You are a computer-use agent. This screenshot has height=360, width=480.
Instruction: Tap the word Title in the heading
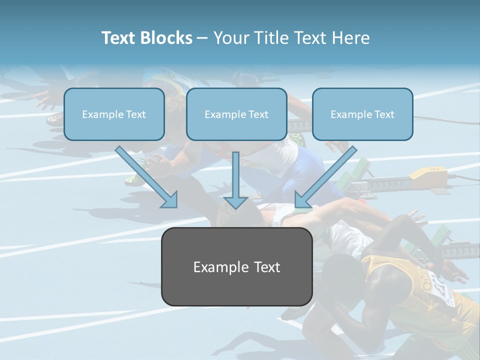271,38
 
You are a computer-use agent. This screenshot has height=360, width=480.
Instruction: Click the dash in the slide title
202,38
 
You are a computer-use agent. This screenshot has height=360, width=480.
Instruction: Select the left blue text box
114,114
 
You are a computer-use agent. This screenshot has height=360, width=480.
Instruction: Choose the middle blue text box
236,114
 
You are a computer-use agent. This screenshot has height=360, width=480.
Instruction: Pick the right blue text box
362,114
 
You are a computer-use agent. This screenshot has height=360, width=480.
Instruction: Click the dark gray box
236,266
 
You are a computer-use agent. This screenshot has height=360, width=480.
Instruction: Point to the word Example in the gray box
216,267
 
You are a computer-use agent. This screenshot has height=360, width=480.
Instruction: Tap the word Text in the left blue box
136,114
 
